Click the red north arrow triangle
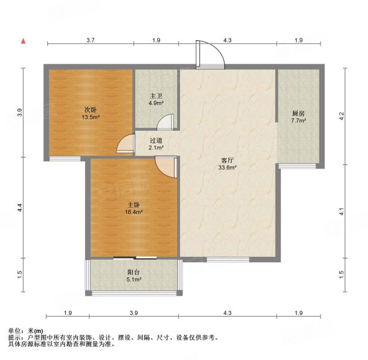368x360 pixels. (x=23, y=41)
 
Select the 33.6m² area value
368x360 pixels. (x=228, y=167)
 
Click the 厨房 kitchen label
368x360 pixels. (x=298, y=114)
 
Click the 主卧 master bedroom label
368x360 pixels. (x=134, y=205)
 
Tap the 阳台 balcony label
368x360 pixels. (x=134, y=272)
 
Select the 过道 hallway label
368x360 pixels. (x=156, y=141)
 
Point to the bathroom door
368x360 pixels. (x=166, y=122)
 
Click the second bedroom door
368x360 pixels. (x=125, y=143)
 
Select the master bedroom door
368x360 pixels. (x=166, y=167)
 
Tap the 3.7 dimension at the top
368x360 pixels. (x=91, y=40)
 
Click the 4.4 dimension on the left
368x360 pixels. (x=20, y=208)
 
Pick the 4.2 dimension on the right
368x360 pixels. (x=342, y=116)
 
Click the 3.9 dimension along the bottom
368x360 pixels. (x=134, y=313)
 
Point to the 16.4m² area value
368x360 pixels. (x=134, y=212)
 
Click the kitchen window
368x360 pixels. (x=297, y=166)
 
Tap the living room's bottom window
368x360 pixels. (x=228, y=259)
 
